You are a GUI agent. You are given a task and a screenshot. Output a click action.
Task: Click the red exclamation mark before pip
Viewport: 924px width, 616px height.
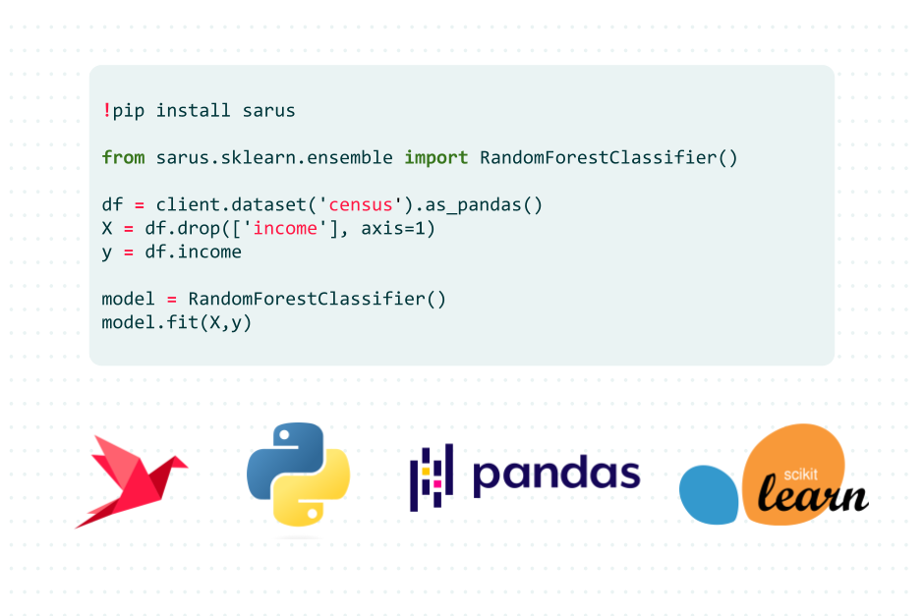click(x=106, y=110)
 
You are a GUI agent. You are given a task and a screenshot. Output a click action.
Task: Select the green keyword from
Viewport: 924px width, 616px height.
click(x=123, y=157)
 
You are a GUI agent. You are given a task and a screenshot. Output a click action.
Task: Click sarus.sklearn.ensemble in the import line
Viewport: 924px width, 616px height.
click(x=274, y=157)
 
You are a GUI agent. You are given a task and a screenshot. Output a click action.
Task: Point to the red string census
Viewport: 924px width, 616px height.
click(x=360, y=205)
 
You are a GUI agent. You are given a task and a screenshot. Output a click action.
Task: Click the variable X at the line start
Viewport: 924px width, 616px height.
click(x=107, y=229)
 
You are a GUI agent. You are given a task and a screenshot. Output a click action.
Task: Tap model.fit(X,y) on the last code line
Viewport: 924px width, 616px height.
click(x=177, y=322)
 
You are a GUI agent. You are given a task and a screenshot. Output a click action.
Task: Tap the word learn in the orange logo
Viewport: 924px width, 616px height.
click(x=811, y=494)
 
